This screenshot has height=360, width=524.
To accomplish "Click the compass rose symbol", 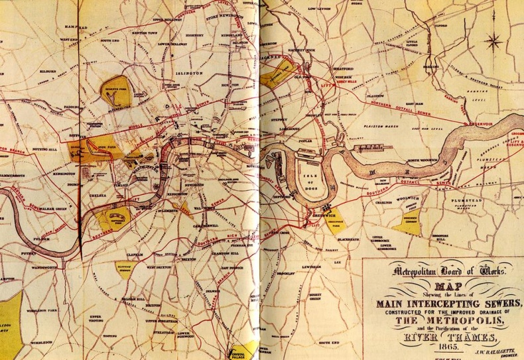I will [494, 41].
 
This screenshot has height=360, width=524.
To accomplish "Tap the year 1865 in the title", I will [440, 344].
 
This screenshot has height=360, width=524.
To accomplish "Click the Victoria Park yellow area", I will [277, 78].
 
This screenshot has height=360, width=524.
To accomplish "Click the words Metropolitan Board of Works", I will [439, 270].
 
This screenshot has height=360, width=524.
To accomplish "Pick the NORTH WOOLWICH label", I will [423, 161].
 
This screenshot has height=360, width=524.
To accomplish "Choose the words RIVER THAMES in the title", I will [439, 332].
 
